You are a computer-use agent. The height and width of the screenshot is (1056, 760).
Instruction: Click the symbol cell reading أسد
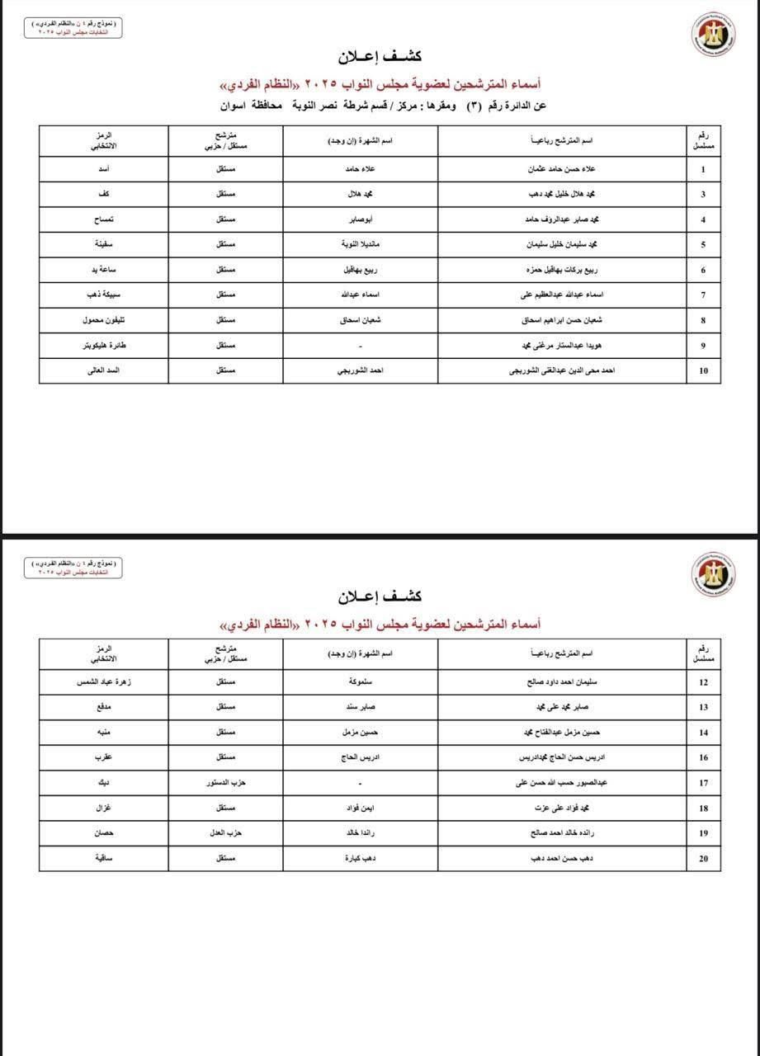pos(104,170)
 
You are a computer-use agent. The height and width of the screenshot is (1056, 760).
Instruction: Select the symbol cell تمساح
pos(104,220)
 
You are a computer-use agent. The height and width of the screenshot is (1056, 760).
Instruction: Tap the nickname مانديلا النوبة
pos(361,245)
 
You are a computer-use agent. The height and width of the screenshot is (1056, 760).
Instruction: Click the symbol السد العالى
pos(104,371)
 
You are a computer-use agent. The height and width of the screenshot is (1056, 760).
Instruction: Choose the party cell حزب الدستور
pos(225,783)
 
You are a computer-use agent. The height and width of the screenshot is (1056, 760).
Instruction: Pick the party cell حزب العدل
pos(225,833)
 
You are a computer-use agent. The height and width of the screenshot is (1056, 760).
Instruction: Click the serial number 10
pos(703,371)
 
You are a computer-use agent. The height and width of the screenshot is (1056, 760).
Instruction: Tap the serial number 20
pos(703,859)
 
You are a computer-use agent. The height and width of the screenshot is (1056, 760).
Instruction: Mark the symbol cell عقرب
pos(104,757)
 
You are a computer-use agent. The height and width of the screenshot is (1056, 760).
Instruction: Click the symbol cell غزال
pos(104,808)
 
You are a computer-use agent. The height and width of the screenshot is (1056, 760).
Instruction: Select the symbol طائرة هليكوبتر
pos(104,346)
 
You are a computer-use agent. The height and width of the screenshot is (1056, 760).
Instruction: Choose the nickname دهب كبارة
pos(361,859)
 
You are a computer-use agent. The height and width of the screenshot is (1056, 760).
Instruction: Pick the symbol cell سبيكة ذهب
pos(104,295)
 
